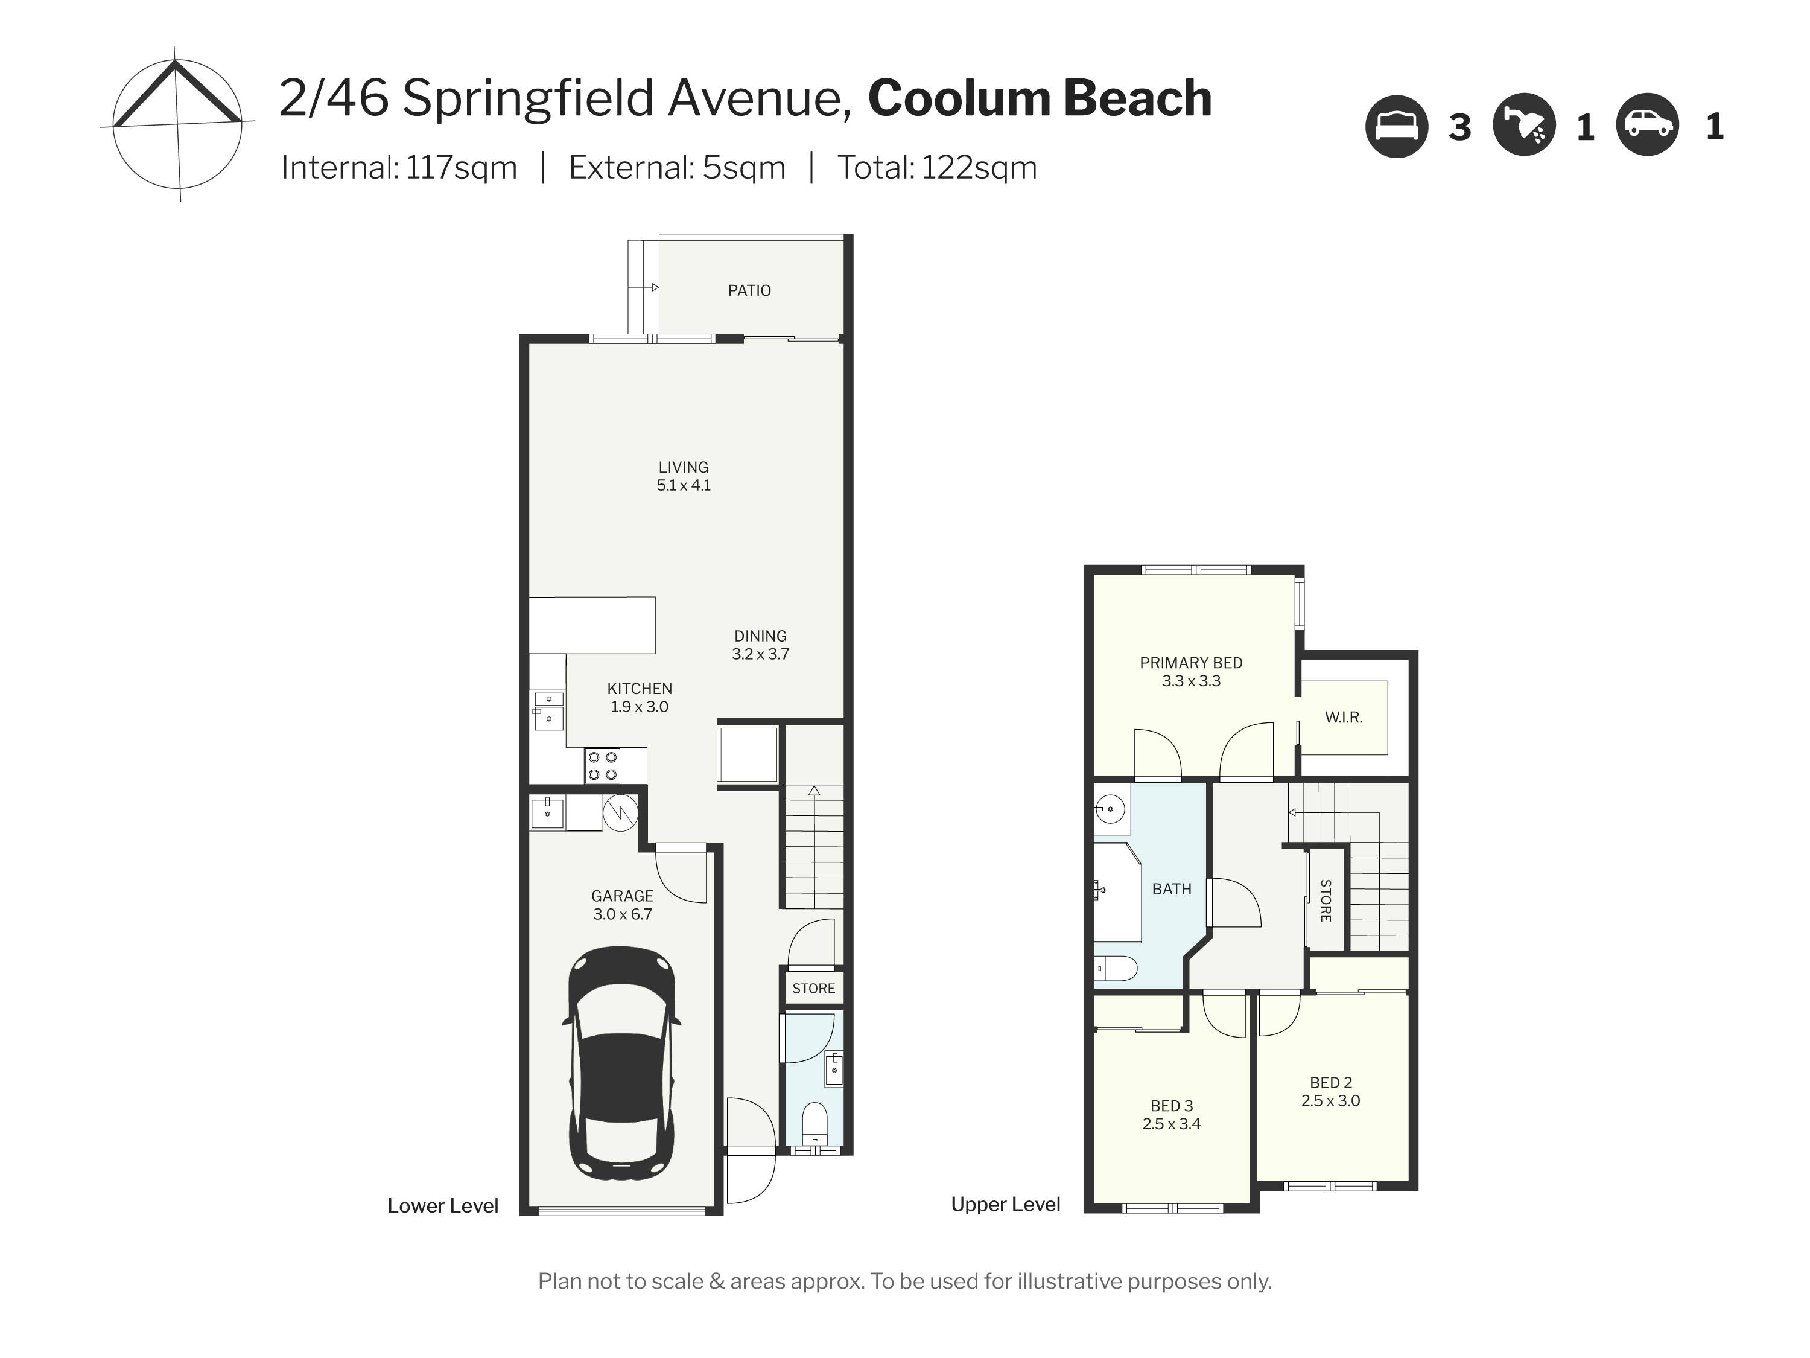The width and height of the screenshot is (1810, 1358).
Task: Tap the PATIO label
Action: (749, 290)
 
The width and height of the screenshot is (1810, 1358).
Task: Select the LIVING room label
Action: (683, 467)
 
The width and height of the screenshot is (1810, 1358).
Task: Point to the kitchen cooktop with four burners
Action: (602, 765)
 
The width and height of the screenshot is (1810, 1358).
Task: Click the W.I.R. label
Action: (1344, 718)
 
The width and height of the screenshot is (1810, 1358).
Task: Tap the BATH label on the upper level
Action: (1172, 889)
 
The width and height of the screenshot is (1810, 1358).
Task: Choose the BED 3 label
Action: (1172, 1106)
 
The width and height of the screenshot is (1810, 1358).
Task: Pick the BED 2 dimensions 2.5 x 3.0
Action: (1330, 1101)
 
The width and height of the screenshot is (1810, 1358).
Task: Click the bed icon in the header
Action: (1397, 126)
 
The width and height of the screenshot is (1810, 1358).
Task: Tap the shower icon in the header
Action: (1523, 126)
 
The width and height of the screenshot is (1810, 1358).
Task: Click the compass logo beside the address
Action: (177, 126)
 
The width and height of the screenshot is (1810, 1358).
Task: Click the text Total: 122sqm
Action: (937, 168)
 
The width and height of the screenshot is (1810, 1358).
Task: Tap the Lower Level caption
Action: (443, 1206)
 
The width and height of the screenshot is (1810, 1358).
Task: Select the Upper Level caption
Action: (1006, 1204)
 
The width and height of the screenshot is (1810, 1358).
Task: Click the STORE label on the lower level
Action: (813, 989)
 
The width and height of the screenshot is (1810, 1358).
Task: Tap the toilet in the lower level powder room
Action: (814, 1124)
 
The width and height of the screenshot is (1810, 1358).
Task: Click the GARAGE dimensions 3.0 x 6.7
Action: (623, 914)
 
